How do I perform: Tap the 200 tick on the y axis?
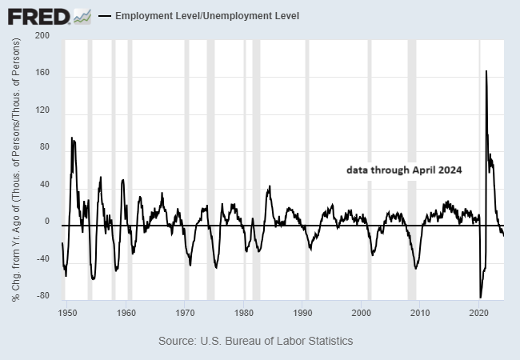pos(43,36)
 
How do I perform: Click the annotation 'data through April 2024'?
pos(404,170)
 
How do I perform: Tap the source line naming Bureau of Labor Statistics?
pos(255,341)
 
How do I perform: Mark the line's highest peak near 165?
pos(486,71)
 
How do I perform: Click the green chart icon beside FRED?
pos(82,15)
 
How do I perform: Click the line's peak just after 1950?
pos(72,138)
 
